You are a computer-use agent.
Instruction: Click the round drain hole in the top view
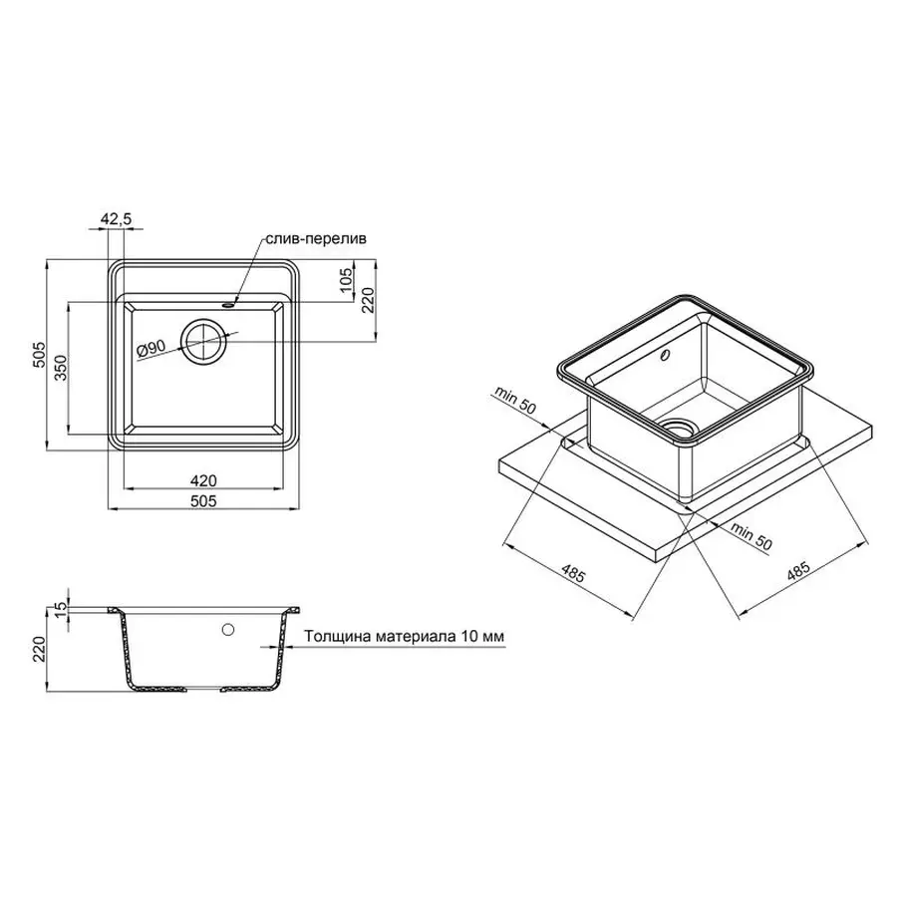coord(205,341)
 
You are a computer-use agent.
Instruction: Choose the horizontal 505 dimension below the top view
coord(204,501)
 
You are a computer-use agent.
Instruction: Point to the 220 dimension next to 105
coord(367,297)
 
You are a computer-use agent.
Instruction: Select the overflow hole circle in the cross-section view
coord(228,629)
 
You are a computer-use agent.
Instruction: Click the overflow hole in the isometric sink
coord(665,354)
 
